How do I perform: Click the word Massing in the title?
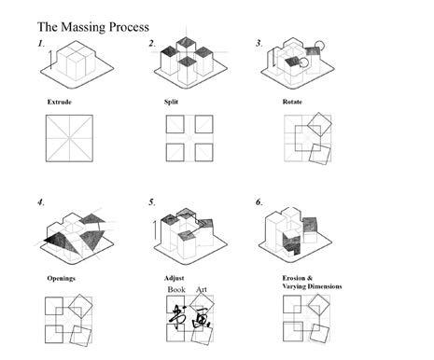(x=83, y=27)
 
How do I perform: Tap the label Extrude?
(x=60, y=102)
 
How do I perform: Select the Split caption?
(x=171, y=102)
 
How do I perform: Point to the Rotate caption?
(x=292, y=102)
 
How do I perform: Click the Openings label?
(x=62, y=278)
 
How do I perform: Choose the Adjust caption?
(x=175, y=278)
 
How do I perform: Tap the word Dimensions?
(x=325, y=286)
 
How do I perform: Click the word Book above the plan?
(x=176, y=289)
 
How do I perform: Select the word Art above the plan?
(x=202, y=289)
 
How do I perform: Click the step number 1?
(x=41, y=44)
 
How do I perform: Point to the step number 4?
(x=41, y=202)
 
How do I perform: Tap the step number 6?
(x=259, y=202)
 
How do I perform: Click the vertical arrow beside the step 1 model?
(x=51, y=59)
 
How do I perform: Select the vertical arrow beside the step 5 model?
(x=155, y=229)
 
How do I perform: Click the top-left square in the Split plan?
(x=175, y=124)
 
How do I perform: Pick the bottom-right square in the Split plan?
(x=204, y=152)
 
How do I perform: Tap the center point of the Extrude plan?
(x=69, y=138)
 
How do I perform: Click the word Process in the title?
(x=129, y=27)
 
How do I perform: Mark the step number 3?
(x=259, y=44)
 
